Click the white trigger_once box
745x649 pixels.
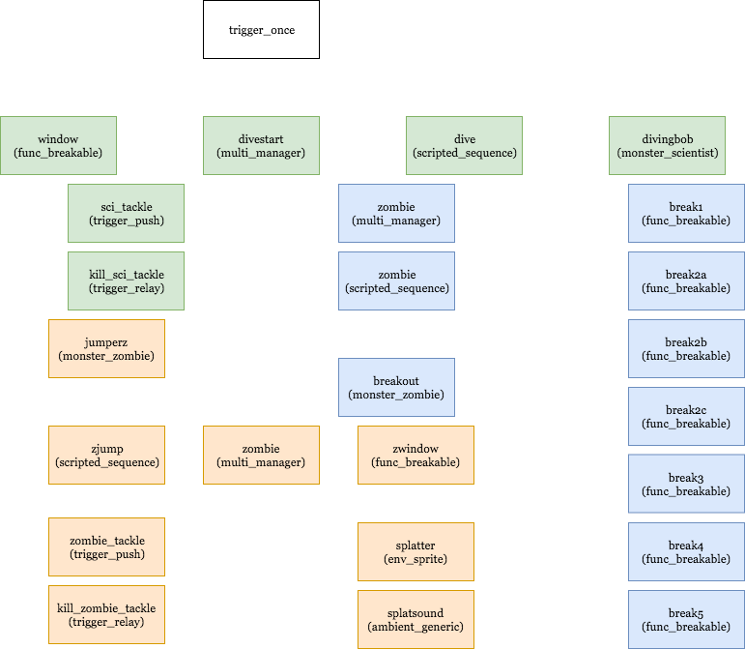[x=261, y=29]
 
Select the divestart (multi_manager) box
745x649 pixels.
[x=261, y=146]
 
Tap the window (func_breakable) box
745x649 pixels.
[x=58, y=146]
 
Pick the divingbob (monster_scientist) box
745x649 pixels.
[x=667, y=146]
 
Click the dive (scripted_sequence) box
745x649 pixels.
[x=464, y=146]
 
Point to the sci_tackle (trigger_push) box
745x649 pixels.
[x=126, y=214]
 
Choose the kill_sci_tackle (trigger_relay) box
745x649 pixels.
[x=126, y=281]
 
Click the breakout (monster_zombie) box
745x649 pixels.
[x=396, y=387]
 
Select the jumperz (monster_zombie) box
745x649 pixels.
[x=106, y=349]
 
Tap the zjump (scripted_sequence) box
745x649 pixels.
[x=106, y=455]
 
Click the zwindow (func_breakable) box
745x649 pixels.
[x=415, y=455]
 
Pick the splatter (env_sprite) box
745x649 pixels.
[x=415, y=551]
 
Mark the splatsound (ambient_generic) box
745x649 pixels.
[x=415, y=619]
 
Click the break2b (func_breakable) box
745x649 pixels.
[x=685, y=349]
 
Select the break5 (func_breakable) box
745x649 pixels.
[x=685, y=619]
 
